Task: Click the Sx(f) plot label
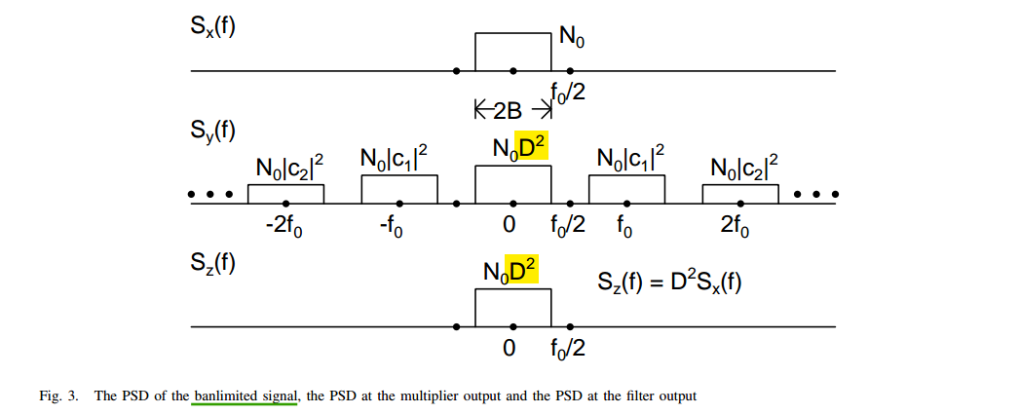(212, 25)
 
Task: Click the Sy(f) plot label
(212, 132)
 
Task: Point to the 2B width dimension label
(507, 110)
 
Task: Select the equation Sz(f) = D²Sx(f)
(668, 285)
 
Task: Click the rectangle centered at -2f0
(285, 193)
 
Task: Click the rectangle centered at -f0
(399, 189)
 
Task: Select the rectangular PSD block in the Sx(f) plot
(512, 52)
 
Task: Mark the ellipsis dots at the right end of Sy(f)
(816, 194)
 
